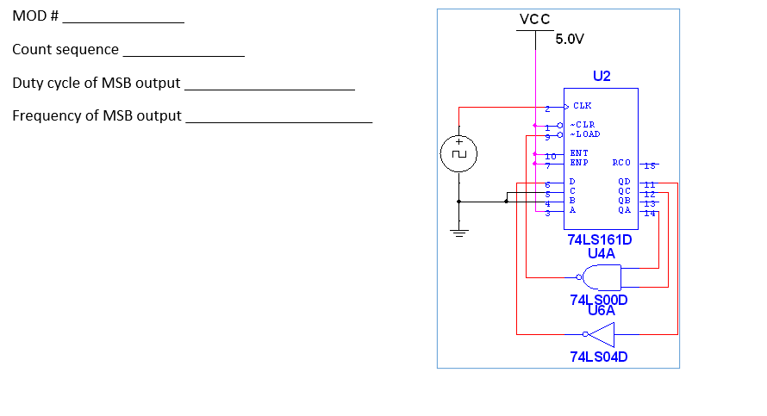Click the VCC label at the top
tap(535, 20)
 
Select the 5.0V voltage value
tap(570, 40)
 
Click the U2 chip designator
tap(602, 76)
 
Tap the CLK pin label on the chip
tap(583, 108)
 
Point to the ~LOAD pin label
tap(585, 134)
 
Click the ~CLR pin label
tap(583, 125)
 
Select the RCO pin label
tap(621, 162)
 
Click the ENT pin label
tap(579, 152)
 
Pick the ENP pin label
tap(579, 162)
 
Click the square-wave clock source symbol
tap(459, 155)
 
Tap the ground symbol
tap(459, 231)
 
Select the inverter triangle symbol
tap(602, 334)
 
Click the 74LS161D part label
tap(600, 239)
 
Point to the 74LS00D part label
tap(599, 300)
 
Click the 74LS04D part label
tap(599, 357)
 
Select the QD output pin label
tap(624, 183)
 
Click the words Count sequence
tap(65, 50)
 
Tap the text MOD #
tap(35, 17)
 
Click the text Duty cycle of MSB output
tap(97, 84)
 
